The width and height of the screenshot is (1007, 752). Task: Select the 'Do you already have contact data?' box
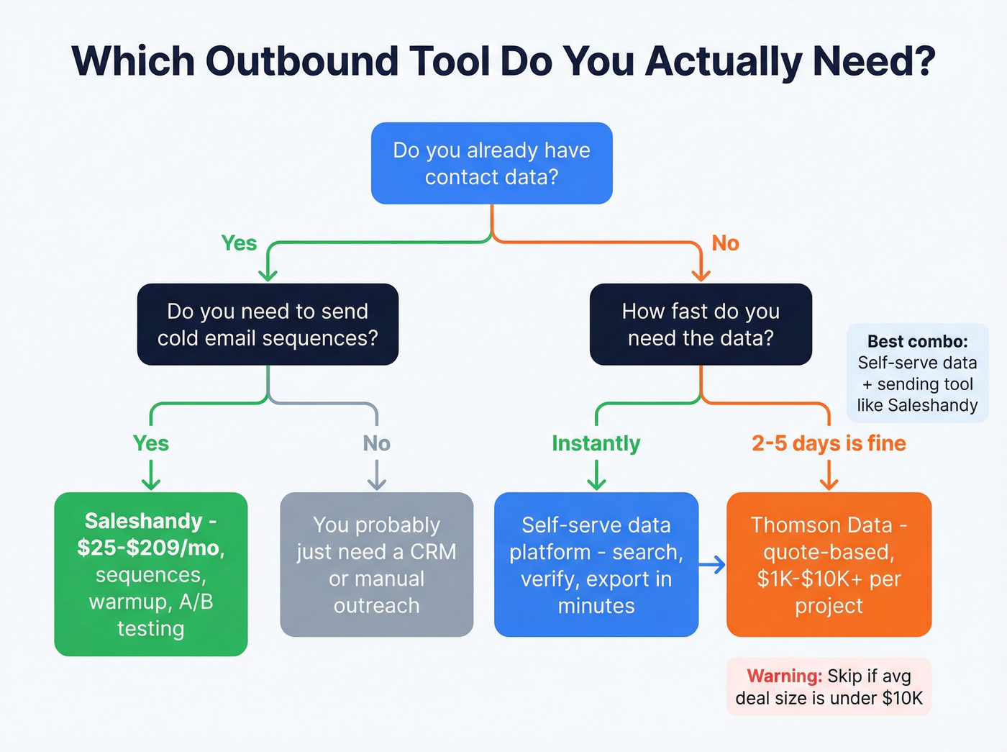click(491, 163)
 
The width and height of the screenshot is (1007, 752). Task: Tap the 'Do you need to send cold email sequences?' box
click(268, 325)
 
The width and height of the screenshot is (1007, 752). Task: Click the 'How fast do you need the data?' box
click(701, 325)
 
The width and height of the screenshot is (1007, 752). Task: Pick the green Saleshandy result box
click(151, 574)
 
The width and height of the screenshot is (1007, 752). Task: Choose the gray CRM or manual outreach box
click(376, 565)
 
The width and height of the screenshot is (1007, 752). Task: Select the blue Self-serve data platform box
click(596, 565)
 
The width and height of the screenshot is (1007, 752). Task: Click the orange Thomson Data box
click(829, 565)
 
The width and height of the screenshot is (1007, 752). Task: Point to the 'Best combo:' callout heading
click(917, 341)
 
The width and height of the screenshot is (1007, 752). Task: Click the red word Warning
click(784, 676)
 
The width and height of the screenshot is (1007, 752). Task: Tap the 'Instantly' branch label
click(596, 443)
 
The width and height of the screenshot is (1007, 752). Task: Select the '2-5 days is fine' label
click(829, 443)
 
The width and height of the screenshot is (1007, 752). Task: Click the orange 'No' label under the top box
click(725, 243)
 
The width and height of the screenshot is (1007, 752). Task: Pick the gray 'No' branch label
click(376, 443)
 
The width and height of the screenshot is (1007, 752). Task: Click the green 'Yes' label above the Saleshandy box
click(151, 443)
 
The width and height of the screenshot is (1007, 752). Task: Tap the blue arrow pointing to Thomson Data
click(712, 565)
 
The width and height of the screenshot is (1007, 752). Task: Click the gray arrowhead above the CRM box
click(376, 484)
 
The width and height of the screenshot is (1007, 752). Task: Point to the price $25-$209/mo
click(151, 548)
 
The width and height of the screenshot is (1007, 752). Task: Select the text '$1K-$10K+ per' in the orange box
click(829, 579)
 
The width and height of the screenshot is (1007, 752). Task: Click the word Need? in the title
click(874, 61)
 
